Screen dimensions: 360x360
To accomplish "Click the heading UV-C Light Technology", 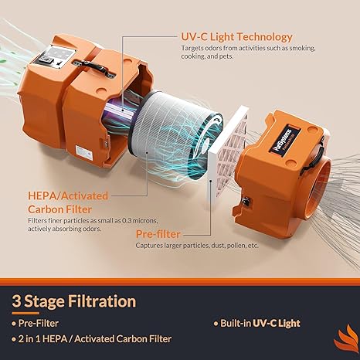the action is click(236, 37).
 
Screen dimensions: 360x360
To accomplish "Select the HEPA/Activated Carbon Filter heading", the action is click(68, 202).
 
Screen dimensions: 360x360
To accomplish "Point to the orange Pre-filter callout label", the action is click(158, 234).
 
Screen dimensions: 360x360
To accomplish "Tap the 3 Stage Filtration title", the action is click(74, 301).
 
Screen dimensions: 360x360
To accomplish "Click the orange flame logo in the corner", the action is click(347, 339).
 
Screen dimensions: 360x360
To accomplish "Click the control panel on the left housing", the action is click(53, 57).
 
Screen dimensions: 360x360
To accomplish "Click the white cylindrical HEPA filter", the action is click(175, 133).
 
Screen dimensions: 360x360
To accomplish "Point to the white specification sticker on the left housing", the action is click(83, 154).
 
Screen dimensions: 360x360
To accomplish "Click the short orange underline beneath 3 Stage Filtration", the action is click(25, 314).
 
